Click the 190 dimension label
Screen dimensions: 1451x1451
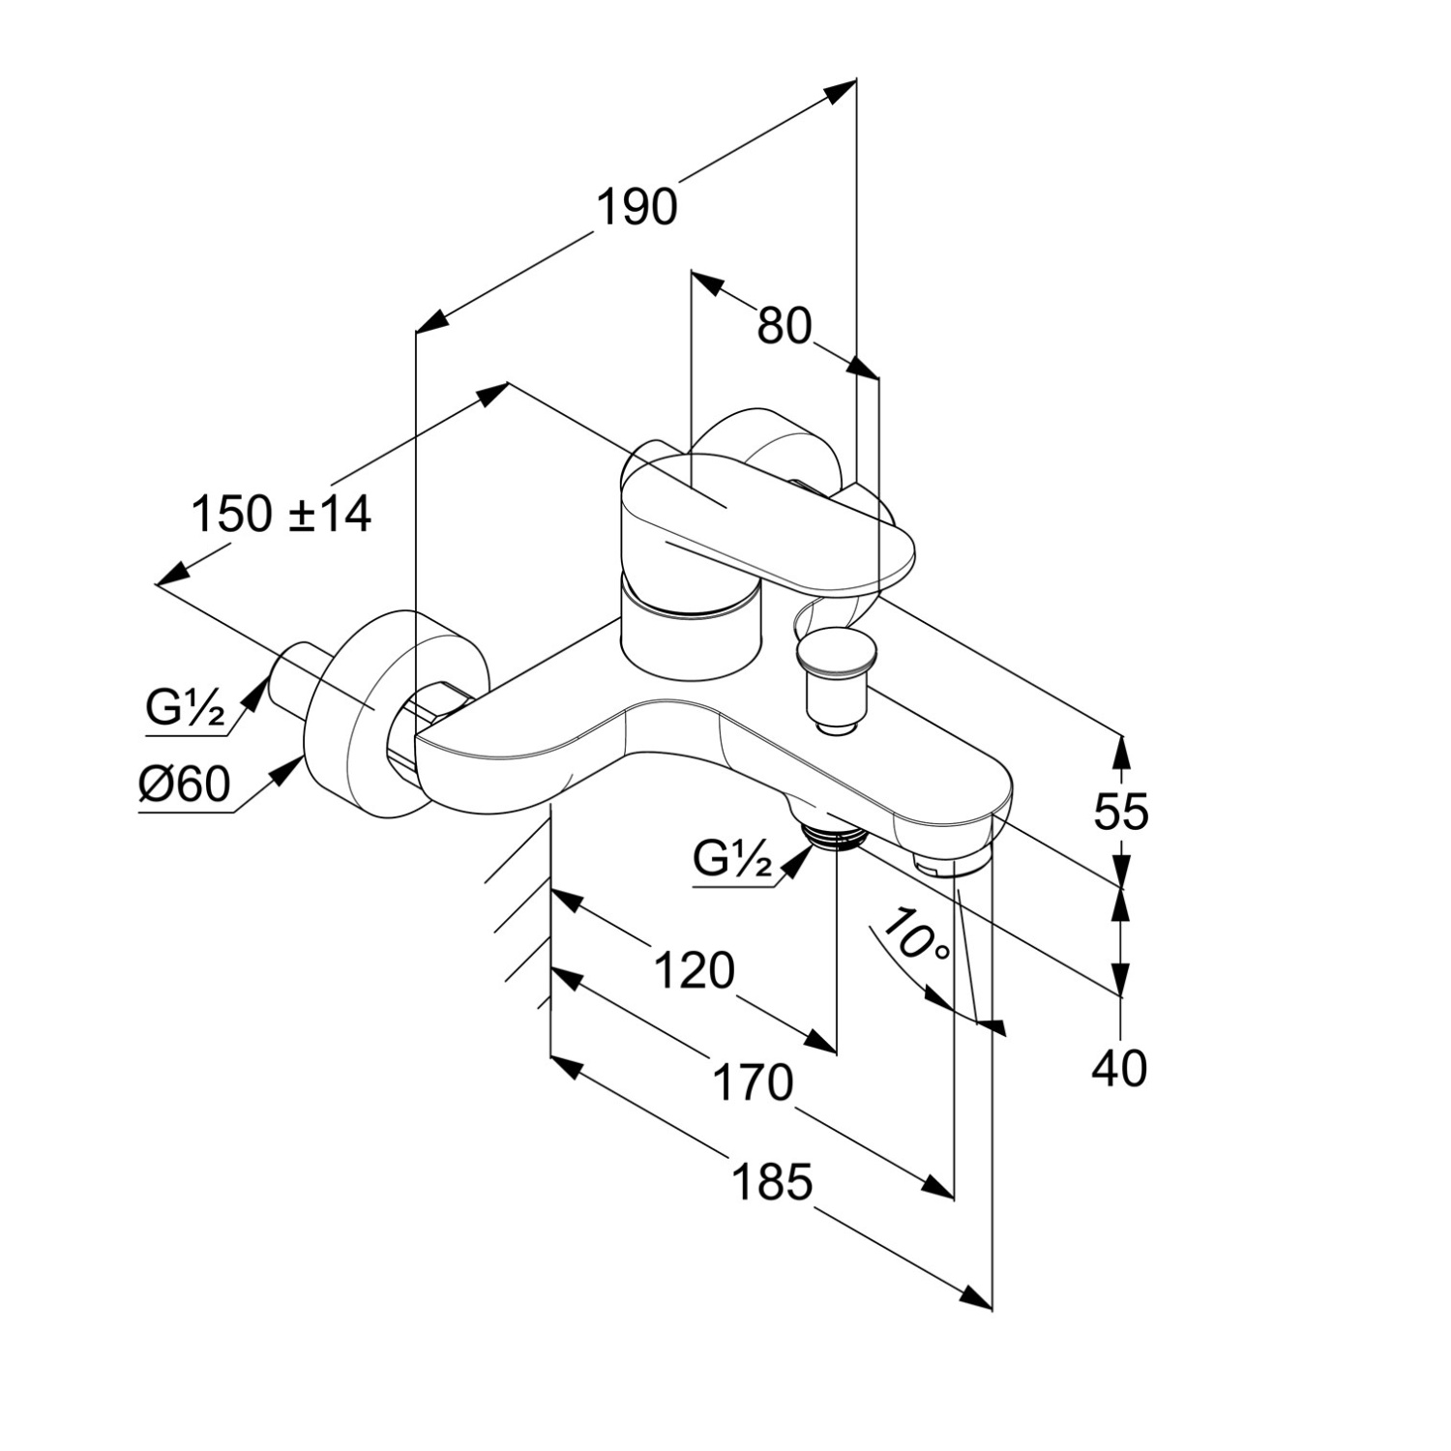[x=637, y=206]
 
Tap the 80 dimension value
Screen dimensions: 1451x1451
[x=784, y=326]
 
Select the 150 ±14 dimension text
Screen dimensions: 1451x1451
[x=281, y=513]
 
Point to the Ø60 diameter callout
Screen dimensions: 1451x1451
[x=185, y=784]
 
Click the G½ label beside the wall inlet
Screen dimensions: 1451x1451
[x=185, y=709]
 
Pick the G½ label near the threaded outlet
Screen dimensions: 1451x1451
[x=733, y=858]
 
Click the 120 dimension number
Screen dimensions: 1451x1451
[x=694, y=970]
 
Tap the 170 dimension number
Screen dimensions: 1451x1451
[x=753, y=1082]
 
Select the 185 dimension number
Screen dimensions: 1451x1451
[x=771, y=1181]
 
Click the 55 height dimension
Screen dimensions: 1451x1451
[x=1120, y=811]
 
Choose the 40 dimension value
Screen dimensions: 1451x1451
[x=1119, y=1069]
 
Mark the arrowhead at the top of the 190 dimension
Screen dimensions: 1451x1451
[x=844, y=89]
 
